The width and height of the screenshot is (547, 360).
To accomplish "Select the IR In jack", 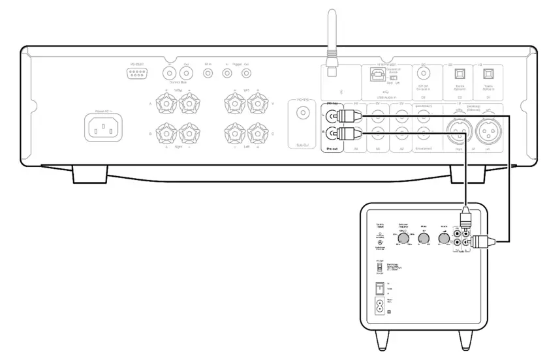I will (x=208, y=73).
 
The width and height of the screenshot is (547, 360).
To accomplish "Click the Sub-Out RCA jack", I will (x=302, y=113).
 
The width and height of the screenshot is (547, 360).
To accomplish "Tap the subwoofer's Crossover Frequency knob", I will (x=403, y=239).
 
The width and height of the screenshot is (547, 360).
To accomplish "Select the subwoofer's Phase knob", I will (x=424, y=239).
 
